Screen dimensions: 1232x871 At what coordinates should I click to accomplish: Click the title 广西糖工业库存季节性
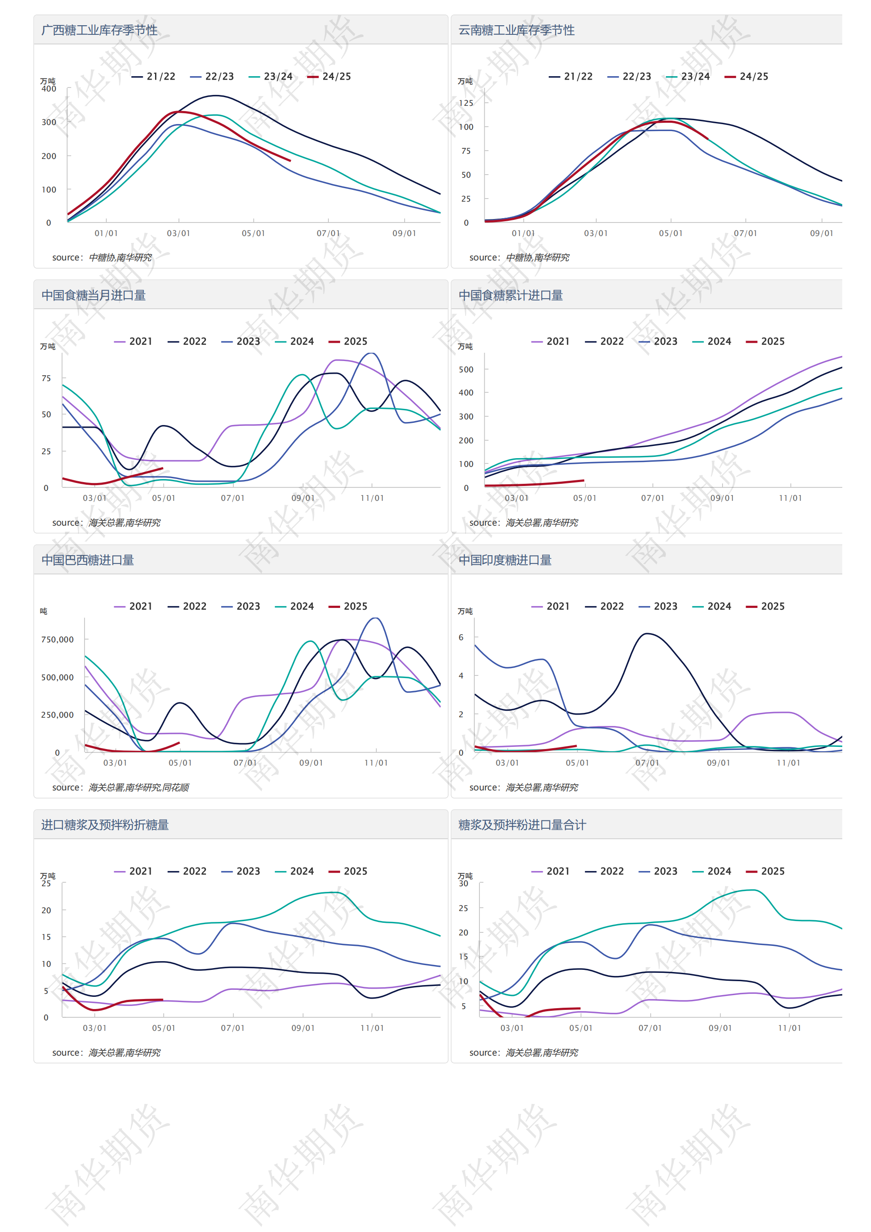(99, 30)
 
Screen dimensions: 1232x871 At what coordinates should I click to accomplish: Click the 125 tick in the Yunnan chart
(466, 103)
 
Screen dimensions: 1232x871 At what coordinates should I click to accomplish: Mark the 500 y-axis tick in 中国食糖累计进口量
(466, 370)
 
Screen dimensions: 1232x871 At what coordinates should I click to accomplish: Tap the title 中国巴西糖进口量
(88, 560)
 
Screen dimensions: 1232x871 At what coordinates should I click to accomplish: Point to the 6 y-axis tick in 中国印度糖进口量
(461, 638)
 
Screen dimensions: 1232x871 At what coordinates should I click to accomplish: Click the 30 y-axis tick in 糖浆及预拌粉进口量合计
(463, 884)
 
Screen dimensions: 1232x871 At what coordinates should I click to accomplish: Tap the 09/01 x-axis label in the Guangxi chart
(404, 233)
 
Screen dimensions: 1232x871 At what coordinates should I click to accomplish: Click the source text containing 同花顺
(120, 788)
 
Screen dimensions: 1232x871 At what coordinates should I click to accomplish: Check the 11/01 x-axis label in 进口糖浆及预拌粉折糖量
(372, 1028)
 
